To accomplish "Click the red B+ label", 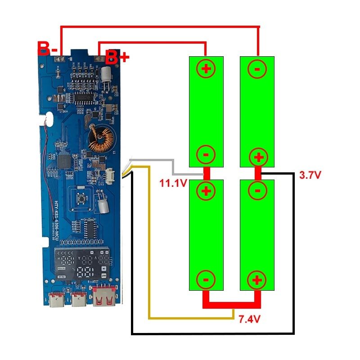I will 117,58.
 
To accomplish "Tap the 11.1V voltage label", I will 171,183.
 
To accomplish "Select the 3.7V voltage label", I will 310,175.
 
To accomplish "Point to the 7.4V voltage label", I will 249,319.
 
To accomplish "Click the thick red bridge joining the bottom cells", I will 231,305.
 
